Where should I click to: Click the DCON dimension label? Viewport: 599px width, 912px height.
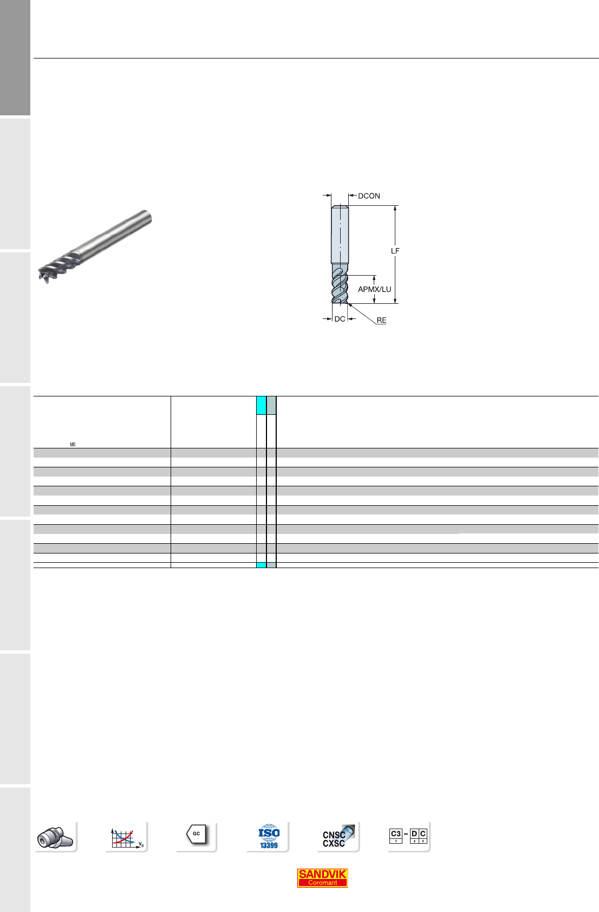tap(369, 196)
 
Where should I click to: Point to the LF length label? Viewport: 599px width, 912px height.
tap(395, 251)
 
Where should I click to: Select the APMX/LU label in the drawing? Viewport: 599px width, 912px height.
tap(374, 289)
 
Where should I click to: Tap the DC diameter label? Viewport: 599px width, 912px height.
tap(340, 319)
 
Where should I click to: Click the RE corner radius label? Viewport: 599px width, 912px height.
tap(382, 321)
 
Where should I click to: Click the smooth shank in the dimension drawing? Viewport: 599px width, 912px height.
tap(340, 234)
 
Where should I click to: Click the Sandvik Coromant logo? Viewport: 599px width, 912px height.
tap(322, 878)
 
